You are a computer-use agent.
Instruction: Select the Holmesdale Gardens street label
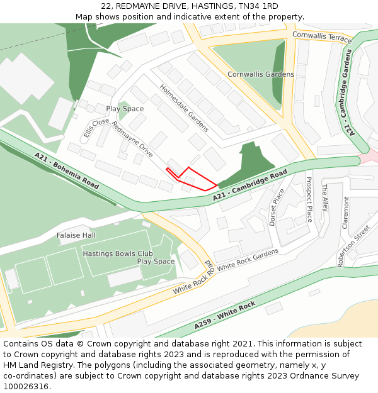(x=183, y=108)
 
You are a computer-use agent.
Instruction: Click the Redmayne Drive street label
(x=132, y=139)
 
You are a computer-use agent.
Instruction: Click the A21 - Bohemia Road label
(x=67, y=171)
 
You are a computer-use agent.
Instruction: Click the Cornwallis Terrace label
(x=321, y=38)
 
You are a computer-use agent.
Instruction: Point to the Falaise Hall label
(x=76, y=235)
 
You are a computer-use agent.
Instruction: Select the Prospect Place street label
(x=309, y=199)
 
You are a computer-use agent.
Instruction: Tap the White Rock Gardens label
(x=248, y=259)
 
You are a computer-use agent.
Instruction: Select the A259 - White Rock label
(x=224, y=316)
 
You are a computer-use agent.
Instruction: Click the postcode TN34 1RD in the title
(x=258, y=6)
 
